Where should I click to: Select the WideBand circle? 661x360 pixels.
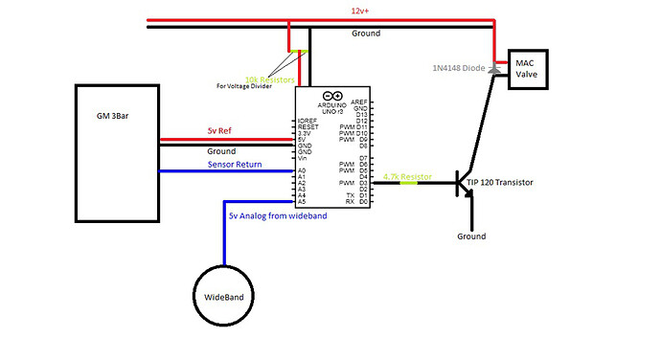click(x=225, y=297)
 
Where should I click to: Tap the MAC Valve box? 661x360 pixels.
click(x=528, y=69)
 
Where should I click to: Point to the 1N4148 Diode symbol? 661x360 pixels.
click(x=495, y=69)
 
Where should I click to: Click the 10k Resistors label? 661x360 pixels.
click(x=269, y=79)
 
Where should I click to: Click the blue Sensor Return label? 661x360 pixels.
click(x=236, y=165)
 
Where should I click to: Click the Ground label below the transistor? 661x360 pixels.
click(x=470, y=236)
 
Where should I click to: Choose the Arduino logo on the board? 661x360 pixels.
click(x=332, y=96)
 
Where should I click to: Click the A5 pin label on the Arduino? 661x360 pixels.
click(x=303, y=202)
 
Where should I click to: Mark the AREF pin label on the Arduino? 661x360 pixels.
click(x=361, y=101)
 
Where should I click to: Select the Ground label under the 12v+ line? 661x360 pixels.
click(x=366, y=34)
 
